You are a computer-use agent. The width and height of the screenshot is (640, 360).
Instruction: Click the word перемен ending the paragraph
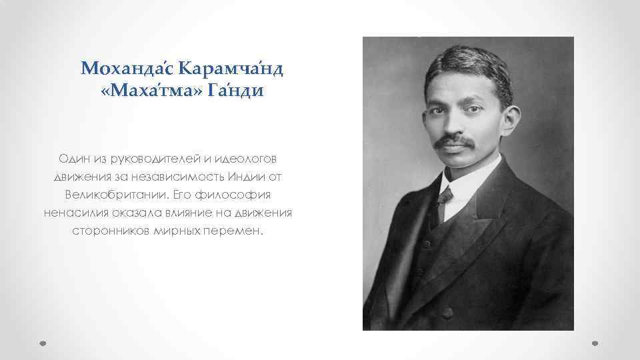[x=239, y=232]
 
